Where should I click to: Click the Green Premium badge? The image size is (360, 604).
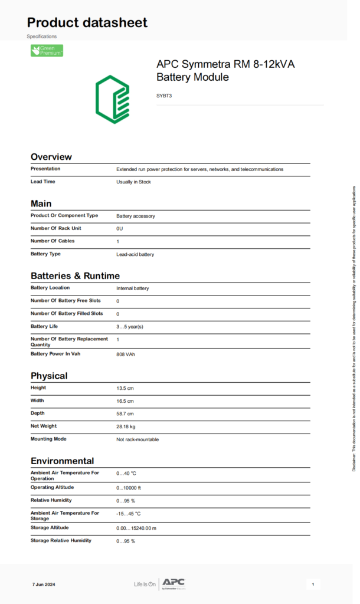pos(47,51)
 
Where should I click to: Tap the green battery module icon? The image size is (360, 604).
pos(112,99)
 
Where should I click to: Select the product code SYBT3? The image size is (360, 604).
pos(164,95)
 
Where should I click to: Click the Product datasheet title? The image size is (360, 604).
pos(87,23)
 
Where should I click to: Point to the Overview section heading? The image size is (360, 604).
pos(51,157)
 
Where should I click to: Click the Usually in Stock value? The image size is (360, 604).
pos(133,182)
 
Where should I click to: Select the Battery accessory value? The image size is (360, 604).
pos(136,216)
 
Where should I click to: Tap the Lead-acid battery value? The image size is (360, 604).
pos(135,254)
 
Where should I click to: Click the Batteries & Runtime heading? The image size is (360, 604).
pos(75,276)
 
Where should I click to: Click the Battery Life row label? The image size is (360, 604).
pos(44,326)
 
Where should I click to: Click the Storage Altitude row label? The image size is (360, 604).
pos(50,527)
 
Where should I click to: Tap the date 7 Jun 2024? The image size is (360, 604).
pos(44,585)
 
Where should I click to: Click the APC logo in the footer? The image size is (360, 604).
pos(174,583)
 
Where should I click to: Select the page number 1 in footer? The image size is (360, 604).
pos(313,585)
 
